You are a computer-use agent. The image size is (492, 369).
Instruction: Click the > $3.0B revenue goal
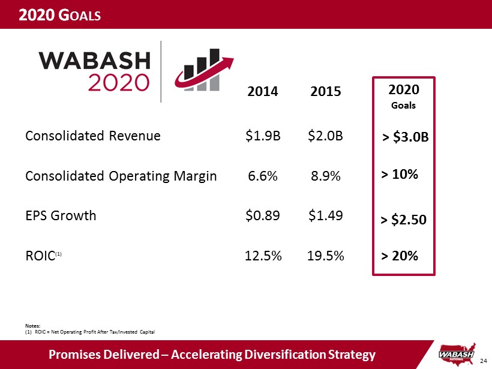pos(406,138)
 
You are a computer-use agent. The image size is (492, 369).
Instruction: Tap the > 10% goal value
pos(400,175)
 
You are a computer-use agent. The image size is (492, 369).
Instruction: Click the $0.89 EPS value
pos(263,215)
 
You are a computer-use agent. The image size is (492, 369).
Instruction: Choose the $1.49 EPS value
pos(326,215)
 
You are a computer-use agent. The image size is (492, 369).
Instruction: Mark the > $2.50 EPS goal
pos(404,220)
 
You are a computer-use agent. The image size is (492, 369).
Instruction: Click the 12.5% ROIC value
pos(264,256)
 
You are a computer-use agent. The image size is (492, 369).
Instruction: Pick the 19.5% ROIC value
pos(326,256)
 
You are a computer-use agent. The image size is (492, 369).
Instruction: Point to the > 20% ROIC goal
pos(400,256)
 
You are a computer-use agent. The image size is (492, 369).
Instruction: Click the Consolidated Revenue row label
pos(93,136)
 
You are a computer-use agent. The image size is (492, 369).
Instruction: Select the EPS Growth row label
pos(61,215)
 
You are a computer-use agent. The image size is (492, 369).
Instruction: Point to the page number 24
pos(484,361)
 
